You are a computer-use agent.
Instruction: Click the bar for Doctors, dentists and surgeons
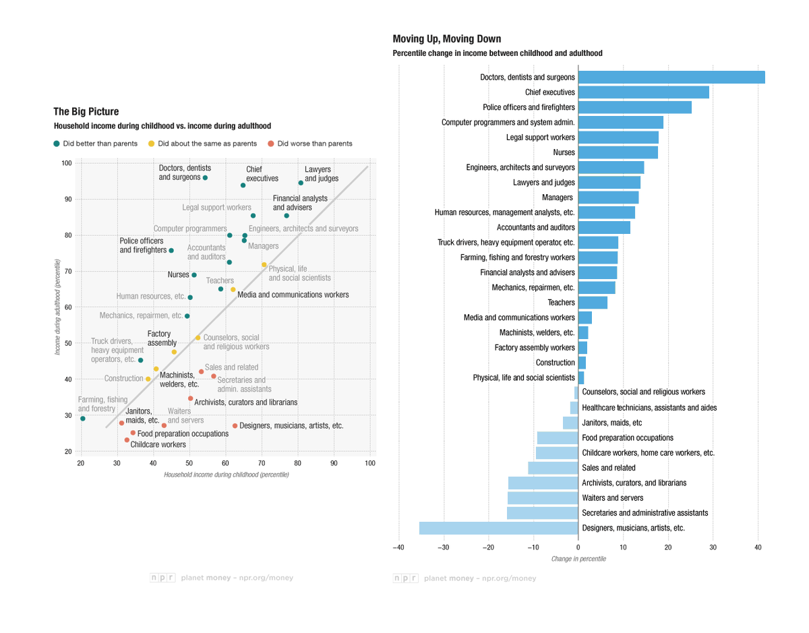671,78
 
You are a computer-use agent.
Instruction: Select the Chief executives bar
643,92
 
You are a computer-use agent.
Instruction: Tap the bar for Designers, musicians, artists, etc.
498,528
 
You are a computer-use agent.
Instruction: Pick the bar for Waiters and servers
543,498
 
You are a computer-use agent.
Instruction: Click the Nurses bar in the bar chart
618,152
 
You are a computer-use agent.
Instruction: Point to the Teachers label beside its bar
561,303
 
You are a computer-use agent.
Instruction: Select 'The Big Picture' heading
86,112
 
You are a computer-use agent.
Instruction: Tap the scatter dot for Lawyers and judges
301,183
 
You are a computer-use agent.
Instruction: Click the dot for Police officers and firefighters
171,250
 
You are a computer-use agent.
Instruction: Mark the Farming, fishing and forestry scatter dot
82,419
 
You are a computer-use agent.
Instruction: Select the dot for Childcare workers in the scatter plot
127,440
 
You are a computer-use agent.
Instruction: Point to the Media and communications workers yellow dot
233,289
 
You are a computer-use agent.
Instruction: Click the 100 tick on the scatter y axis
66,163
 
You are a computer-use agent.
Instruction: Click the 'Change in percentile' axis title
578,559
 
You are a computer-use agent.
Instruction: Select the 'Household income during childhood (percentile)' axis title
226,475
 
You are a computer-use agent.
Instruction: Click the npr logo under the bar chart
406,578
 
